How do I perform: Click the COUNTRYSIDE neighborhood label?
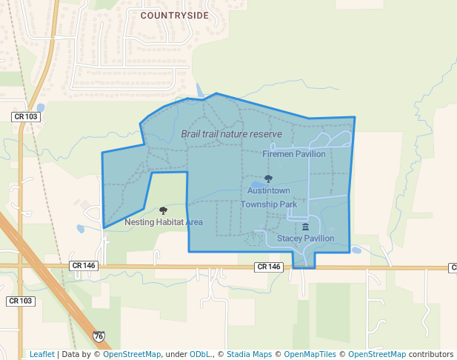(x=174, y=15)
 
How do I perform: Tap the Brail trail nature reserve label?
(x=231, y=134)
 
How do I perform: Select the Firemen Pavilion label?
(x=293, y=154)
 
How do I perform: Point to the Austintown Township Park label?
(x=268, y=197)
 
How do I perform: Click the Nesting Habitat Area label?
(x=163, y=222)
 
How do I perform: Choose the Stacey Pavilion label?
(x=305, y=239)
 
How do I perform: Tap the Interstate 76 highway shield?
(x=99, y=336)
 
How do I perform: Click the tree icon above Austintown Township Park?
(x=268, y=179)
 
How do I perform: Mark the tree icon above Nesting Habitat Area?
(x=163, y=210)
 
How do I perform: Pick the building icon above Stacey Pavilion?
(x=305, y=227)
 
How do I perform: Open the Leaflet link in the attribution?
(x=41, y=354)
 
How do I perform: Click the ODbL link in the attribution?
(x=201, y=354)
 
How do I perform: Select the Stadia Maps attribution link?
(x=249, y=354)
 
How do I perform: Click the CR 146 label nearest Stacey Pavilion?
(x=269, y=266)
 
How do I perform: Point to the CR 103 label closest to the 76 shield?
(x=20, y=301)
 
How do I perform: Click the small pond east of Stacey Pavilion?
(x=356, y=250)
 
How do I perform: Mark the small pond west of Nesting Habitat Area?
(x=81, y=228)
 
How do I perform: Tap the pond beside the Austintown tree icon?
(x=256, y=185)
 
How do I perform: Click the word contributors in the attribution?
(x=431, y=354)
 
